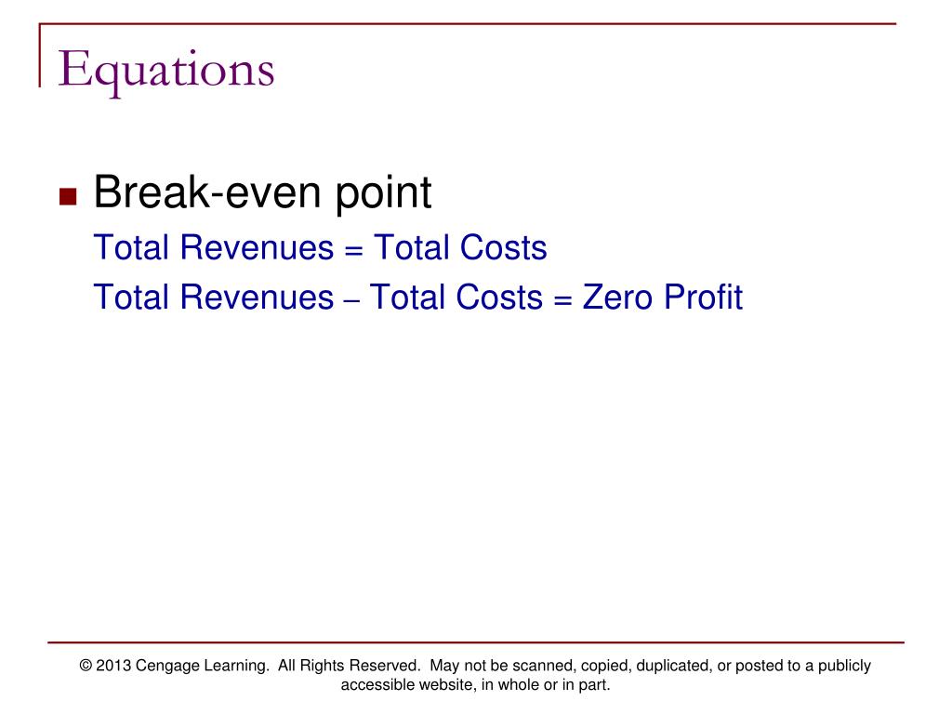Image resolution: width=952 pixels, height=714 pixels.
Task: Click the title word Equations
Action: point(166,71)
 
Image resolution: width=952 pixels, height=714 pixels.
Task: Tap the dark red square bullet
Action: point(68,196)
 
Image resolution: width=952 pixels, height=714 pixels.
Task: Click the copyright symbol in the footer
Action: point(86,666)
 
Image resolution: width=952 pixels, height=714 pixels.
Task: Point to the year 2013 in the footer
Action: point(113,666)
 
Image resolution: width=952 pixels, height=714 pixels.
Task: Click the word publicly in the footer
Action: point(841,667)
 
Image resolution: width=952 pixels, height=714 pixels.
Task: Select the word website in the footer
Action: point(442,686)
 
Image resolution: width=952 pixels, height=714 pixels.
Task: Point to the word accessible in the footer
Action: point(376,686)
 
